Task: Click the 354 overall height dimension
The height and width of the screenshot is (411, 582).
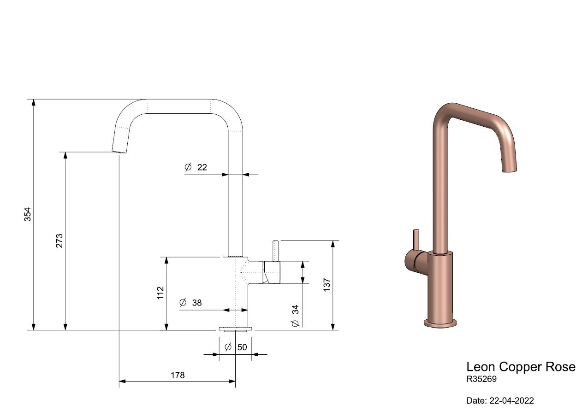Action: point(28,214)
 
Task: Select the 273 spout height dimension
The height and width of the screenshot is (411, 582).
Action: point(59,241)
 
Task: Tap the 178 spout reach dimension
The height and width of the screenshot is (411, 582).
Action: point(178,375)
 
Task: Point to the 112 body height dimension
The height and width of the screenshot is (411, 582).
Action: point(160,293)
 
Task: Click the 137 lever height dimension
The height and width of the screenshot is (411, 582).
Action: point(327,285)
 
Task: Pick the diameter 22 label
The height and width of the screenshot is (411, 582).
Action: point(196,167)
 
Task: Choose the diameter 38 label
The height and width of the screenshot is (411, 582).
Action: point(190,302)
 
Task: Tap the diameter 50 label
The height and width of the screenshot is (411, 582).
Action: point(236,347)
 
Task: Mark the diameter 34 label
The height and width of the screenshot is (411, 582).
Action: point(296,316)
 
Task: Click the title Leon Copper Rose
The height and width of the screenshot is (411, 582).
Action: point(521,367)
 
